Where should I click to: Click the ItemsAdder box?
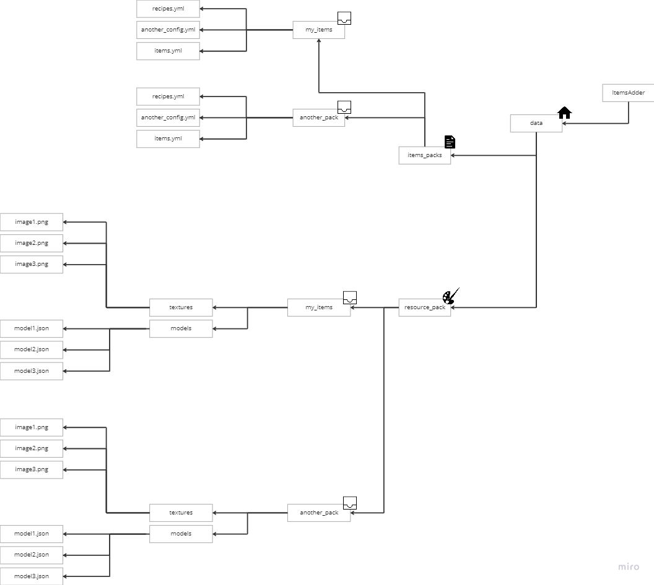(x=628, y=93)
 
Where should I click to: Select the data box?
(x=536, y=123)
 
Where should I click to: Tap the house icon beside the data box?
(x=564, y=113)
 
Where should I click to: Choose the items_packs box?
(x=424, y=155)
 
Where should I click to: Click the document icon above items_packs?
(x=450, y=142)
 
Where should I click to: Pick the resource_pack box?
(x=424, y=307)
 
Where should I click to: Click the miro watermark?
(x=629, y=566)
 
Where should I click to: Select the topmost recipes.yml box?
(x=168, y=9)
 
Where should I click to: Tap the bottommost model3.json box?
(x=32, y=576)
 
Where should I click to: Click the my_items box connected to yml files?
(x=318, y=30)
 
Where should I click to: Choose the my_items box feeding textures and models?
(x=318, y=307)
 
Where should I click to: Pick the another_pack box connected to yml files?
(x=318, y=117)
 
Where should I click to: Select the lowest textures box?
(x=181, y=513)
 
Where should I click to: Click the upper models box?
(x=181, y=328)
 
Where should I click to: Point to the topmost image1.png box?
(x=32, y=222)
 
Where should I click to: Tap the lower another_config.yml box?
(x=168, y=117)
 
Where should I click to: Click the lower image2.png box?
(x=32, y=448)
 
